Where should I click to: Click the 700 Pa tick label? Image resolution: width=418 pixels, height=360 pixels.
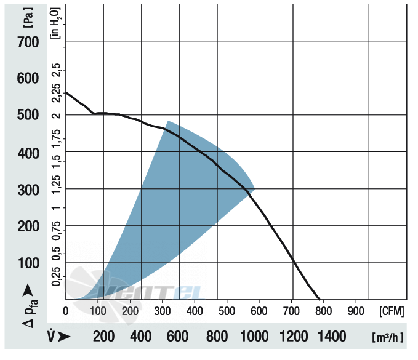28,42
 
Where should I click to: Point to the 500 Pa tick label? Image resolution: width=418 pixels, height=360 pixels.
28,115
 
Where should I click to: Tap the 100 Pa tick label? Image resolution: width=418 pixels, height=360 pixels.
28,263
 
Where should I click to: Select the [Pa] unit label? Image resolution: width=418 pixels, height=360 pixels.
28,18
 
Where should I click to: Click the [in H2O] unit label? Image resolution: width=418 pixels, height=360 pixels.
56,23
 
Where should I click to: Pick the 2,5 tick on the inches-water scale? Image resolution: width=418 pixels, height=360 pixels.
56,70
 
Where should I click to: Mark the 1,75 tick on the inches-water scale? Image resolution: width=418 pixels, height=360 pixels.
56,138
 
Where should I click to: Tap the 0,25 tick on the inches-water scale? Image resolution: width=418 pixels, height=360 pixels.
56,276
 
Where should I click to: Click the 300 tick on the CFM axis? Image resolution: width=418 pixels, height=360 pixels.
163,311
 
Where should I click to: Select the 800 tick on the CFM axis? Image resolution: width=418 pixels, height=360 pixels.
323,311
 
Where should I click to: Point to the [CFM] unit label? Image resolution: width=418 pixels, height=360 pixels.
392,311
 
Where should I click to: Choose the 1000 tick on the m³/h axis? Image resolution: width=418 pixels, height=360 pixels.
254,336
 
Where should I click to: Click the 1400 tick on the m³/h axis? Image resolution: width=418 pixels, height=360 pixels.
332,336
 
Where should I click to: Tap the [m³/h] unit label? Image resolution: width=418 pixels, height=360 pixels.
388,337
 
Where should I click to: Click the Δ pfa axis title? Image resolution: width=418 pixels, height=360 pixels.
30,313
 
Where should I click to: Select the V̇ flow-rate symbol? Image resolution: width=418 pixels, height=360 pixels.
51,336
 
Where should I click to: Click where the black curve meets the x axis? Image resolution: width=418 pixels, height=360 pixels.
320,299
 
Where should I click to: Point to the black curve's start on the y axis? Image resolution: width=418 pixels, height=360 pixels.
66,92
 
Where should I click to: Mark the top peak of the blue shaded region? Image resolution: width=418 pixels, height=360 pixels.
167,121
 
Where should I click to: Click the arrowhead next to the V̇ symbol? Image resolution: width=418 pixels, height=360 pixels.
64,337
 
